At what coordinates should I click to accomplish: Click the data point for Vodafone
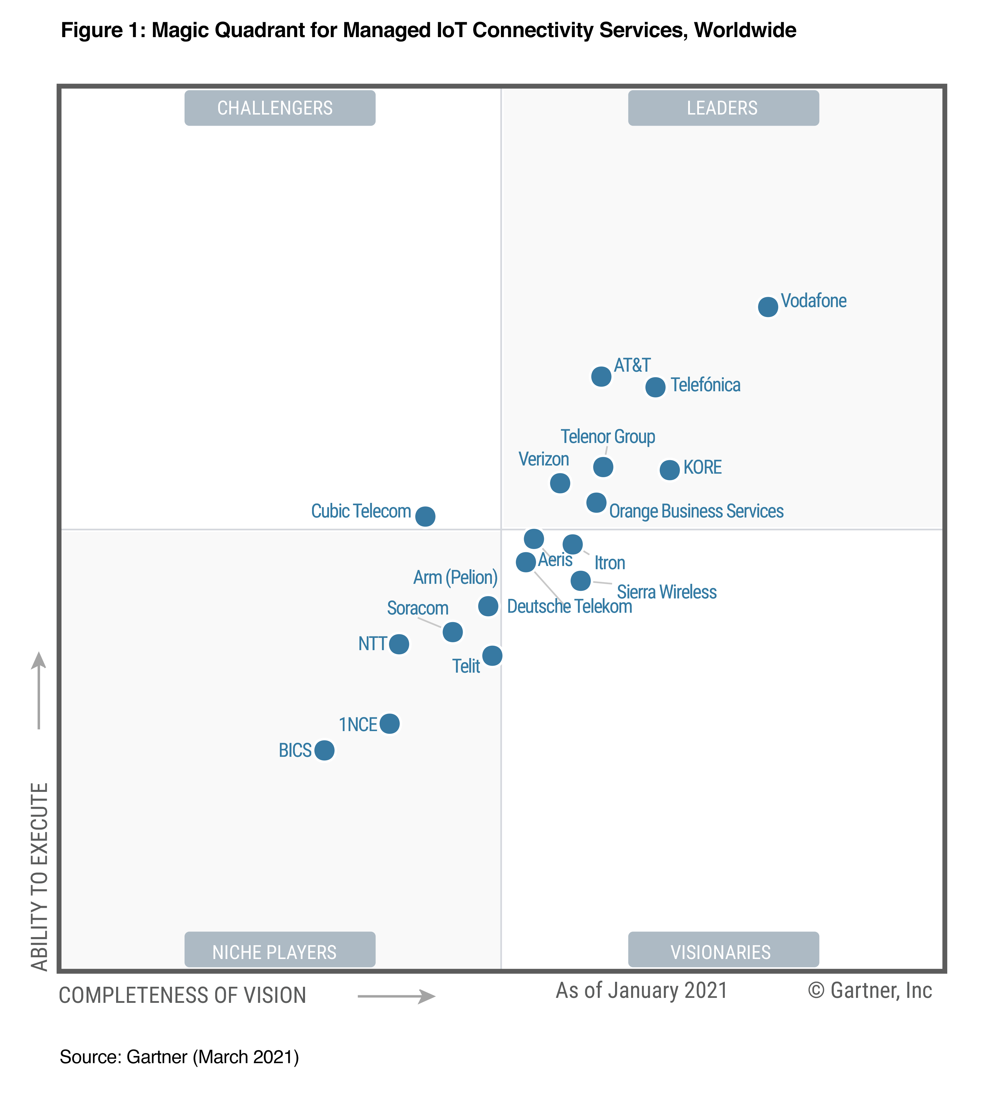coord(768,307)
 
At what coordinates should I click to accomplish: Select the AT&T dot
coord(601,376)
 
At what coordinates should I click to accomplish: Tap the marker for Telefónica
coord(655,387)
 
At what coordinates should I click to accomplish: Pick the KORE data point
coord(669,470)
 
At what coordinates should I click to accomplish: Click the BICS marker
coord(324,750)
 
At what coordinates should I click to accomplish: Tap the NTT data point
coord(399,644)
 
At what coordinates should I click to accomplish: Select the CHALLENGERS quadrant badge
coord(280,108)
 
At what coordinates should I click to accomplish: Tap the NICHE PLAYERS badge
coord(280,952)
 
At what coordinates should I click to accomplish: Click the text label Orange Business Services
coord(696,511)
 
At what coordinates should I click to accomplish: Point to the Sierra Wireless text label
coord(667,592)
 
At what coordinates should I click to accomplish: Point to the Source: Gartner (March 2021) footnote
coord(179,1057)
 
